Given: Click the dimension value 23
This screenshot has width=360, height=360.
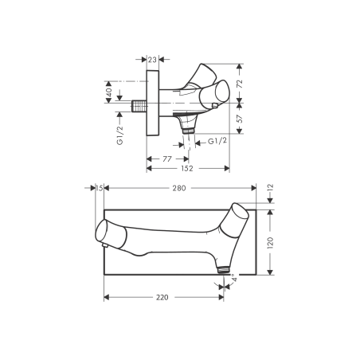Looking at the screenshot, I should coord(152,58).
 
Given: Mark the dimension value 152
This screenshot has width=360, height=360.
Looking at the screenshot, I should coord(187,169).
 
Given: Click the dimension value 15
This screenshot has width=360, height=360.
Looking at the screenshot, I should coord(99,189).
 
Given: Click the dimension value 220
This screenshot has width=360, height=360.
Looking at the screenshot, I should coord(162,297).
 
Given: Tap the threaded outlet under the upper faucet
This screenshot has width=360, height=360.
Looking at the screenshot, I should coord(188,126).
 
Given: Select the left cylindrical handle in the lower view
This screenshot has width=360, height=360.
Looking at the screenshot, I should coord(106,232).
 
